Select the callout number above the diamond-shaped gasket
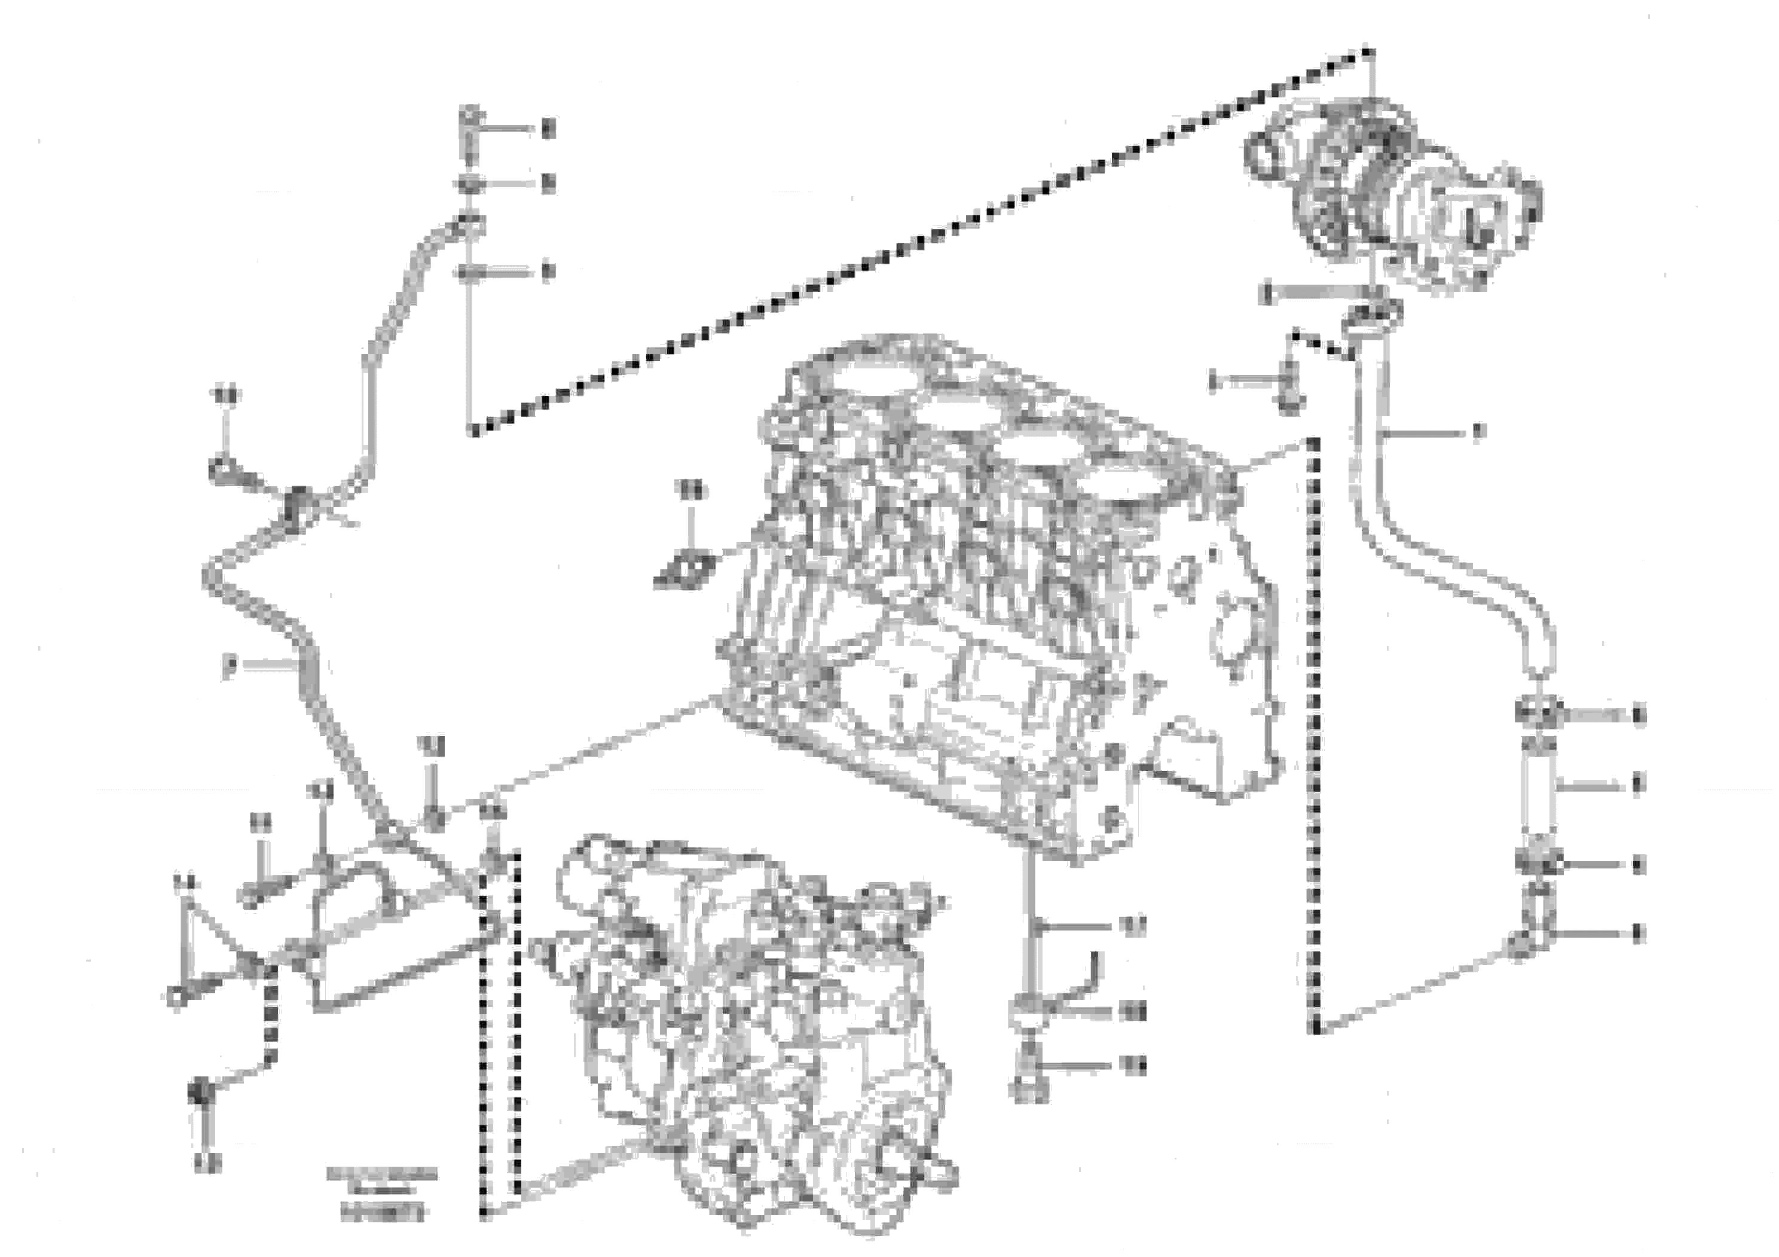(690, 490)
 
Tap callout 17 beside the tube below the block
(1135, 925)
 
